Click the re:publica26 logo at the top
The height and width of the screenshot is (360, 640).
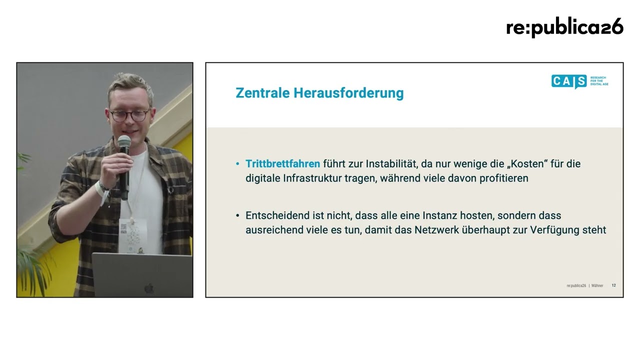click(564, 27)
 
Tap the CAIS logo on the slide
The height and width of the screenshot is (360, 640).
click(579, 81)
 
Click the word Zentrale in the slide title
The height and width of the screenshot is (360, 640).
click(262, 93)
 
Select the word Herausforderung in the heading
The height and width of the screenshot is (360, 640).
click(348, 93)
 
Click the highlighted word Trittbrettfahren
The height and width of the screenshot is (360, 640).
click(283, 163)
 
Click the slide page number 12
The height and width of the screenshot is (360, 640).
click(613, 285)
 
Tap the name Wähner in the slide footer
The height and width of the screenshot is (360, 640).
click(597, 285)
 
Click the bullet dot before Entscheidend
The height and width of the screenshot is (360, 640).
click(237, 215)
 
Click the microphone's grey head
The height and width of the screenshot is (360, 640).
click(124, 141)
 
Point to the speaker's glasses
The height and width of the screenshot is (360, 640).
click(129, 115)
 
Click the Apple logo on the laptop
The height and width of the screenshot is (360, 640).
click(149, 288)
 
